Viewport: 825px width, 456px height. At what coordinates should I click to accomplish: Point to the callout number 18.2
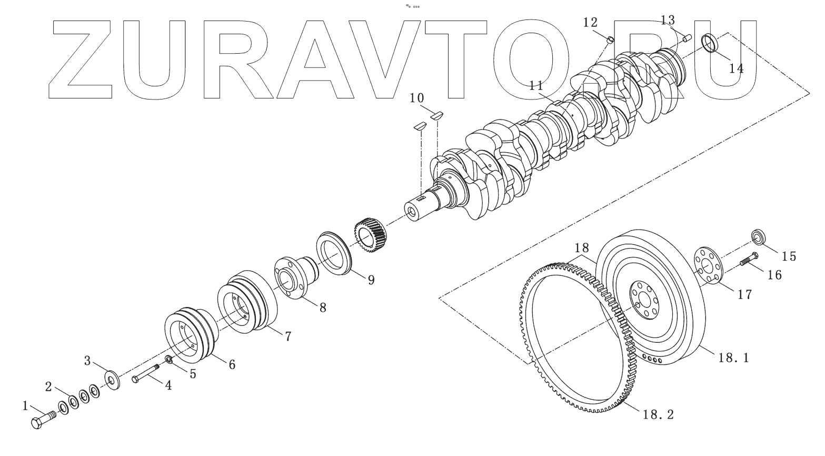click(x=658, y=414)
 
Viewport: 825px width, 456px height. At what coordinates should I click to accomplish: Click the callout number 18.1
click(x=733, y=358)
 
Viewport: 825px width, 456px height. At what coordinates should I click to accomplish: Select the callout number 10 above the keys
click(x=416, y=98)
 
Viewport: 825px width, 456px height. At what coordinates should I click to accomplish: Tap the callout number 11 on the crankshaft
click(x=536, y=86)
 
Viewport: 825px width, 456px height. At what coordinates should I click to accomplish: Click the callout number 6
click(x=232, y=364)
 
